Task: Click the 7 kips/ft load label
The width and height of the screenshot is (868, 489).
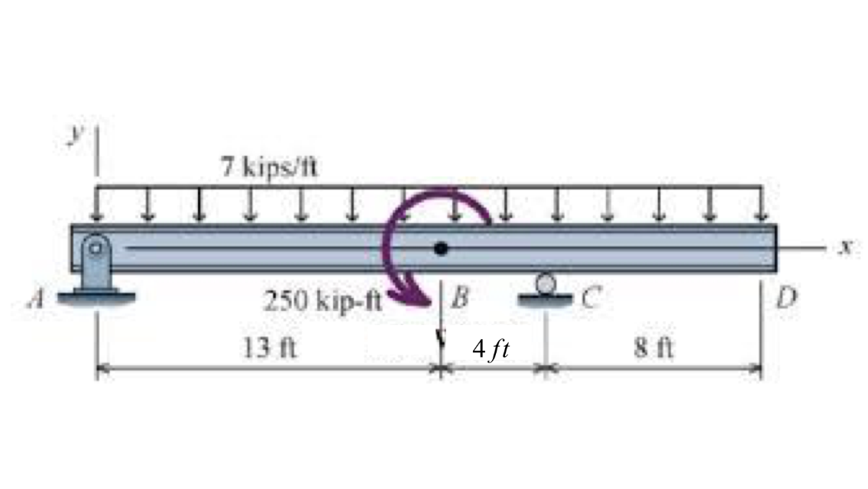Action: coord(269,167)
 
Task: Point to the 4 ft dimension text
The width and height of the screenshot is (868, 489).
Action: coord(491,350)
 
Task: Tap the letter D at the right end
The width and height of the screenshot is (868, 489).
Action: coord(785,297)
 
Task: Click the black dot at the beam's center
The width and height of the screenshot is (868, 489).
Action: coord(441,248)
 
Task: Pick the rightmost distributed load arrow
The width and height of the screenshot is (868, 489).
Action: coord(760,205)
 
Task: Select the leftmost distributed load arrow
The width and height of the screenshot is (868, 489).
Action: coord(97,205)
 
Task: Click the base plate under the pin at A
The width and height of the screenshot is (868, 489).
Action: coord(96,297)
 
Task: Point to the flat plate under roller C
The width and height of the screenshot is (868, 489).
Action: coord(545,299)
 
